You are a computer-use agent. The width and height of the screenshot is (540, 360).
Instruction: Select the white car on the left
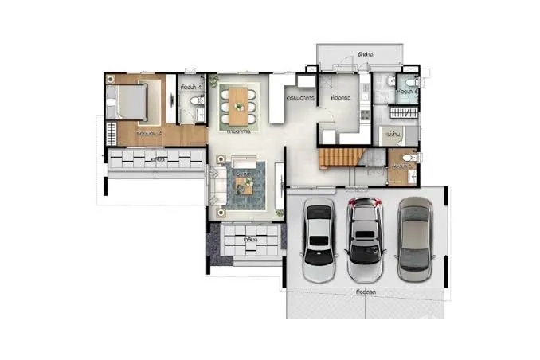[319, 239]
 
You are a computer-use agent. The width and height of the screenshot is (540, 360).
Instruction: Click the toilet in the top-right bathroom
[408, 84]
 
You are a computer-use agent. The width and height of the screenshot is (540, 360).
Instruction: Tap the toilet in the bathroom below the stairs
[409, 160]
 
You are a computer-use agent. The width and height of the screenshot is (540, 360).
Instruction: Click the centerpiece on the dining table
[239, 102]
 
